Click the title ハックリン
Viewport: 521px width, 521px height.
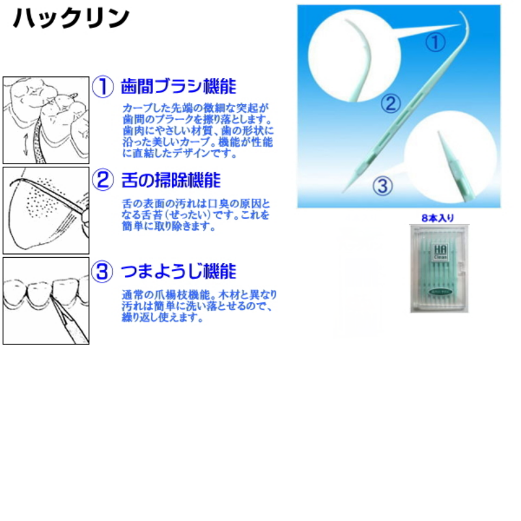coord(71,18)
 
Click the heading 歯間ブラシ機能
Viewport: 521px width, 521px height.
coord(178,87)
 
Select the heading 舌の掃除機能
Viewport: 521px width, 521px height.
coord(171,180)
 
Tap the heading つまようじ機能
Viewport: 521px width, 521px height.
coord(178,272)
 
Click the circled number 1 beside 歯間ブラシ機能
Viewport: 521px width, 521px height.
coord(103,87)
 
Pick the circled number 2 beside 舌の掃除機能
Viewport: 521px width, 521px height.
coord(103,180)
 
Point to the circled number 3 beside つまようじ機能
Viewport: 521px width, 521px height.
coord(102,272)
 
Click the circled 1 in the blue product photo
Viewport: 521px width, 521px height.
coord(435,43)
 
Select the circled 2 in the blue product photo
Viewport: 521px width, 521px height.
coord(391,104)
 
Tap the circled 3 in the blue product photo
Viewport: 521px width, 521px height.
coord(382,186)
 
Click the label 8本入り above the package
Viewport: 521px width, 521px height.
coord(438,218)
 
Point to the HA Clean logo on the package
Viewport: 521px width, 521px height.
coord(441,251)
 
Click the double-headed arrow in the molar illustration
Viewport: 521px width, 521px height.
coord(26,145)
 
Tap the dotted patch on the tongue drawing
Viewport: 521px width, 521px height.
coord(43,199)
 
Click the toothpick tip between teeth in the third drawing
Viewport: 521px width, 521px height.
coord(52,297)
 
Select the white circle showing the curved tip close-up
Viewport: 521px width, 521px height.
coord(354,56)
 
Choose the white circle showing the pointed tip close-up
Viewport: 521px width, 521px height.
coord(450,157)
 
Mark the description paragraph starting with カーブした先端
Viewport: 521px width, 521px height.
coord(198,131)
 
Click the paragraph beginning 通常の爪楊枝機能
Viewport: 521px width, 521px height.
coord(199,306)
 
